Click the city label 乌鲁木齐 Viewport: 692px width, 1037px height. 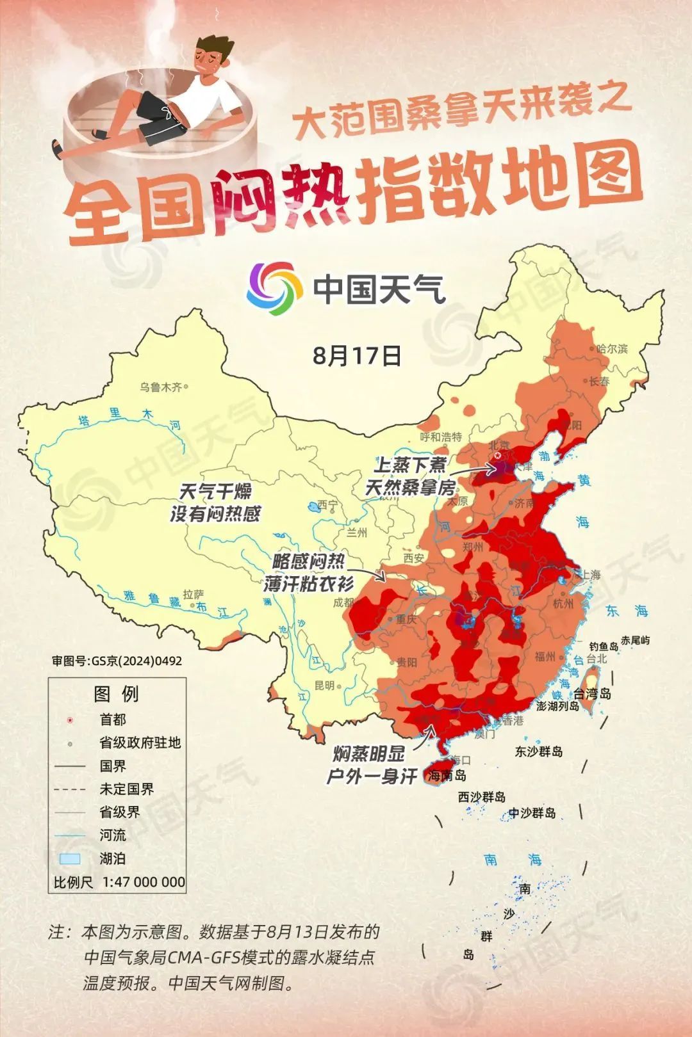[161, 387]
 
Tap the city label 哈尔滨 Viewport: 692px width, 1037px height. [612, 349]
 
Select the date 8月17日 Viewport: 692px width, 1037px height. [357, 355]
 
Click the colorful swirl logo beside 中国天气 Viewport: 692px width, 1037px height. [275, 289]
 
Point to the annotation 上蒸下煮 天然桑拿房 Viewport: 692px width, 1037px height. [410, 476]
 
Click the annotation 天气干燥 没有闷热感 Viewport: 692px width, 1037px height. [215, 502]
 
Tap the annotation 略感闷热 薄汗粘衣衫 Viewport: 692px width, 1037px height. [308, 572]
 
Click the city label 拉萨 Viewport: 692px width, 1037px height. [193, 594]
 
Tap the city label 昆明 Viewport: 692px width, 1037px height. [324, 685]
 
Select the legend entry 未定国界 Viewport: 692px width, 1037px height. [126, 789]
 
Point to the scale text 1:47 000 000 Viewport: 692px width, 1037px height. [144, 881]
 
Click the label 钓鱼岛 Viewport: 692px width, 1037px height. [604, 647]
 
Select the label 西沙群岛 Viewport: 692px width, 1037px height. [481, 797]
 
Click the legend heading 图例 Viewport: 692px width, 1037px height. [116, 694]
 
